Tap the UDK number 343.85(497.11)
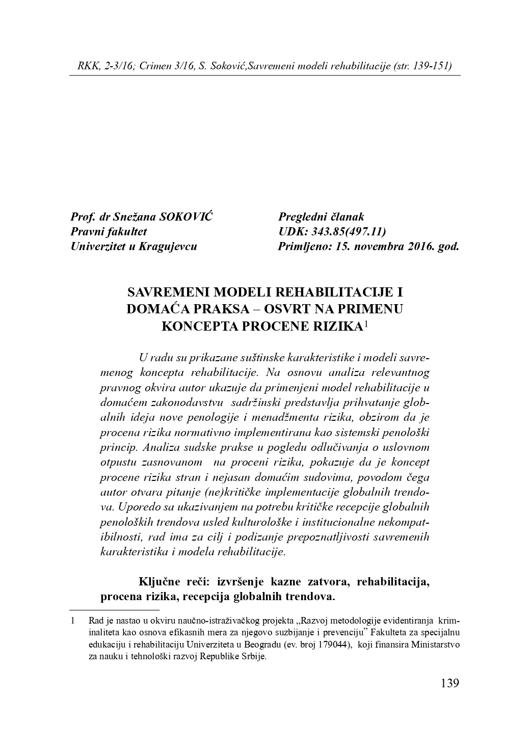point(352,232)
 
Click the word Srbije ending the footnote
point(253,657)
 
